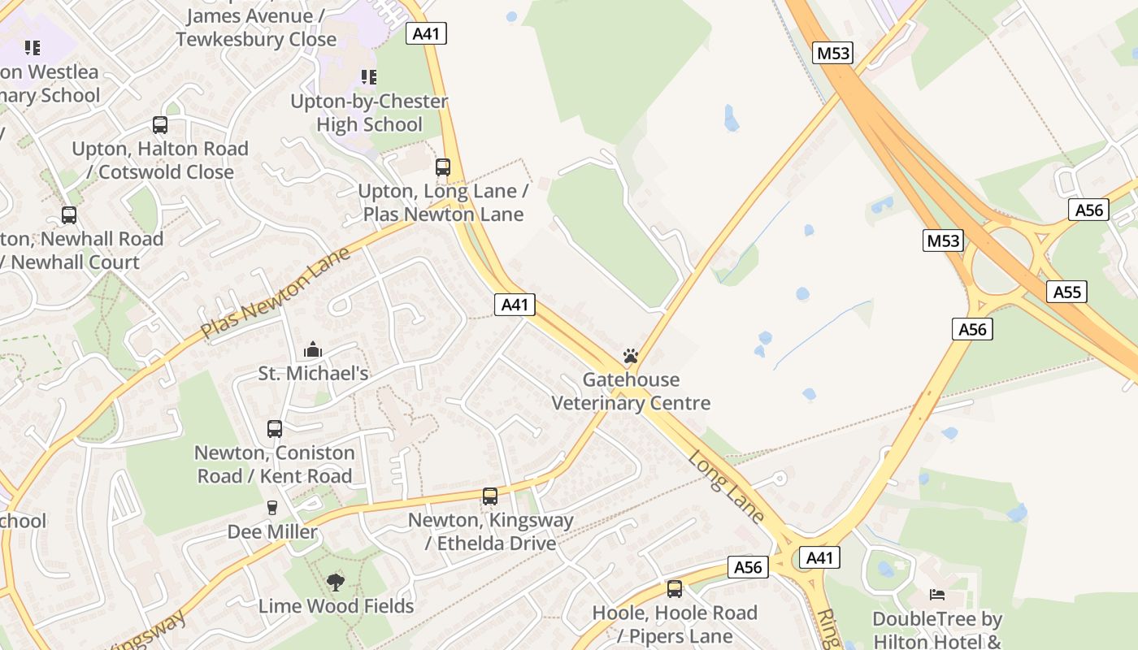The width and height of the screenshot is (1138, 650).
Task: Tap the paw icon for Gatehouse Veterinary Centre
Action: (x=630, y=356)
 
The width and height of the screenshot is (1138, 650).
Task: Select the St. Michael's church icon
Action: (x=313, y=350)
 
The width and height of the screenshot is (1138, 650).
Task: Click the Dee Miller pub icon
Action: (x=272, y=508)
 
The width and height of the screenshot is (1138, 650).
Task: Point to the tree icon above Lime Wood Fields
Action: (x=335, y=582)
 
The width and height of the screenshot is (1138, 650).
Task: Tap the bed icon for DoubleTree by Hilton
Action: (x=937, y=595)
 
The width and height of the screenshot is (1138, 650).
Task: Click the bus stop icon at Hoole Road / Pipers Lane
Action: (x=675, y=589)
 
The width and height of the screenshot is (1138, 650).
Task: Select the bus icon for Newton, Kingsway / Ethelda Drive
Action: (x=489, y=496)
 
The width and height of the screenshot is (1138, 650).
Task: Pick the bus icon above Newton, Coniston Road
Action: (x=275, y=428)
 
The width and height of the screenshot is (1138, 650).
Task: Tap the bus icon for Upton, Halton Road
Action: (x=160, y=125)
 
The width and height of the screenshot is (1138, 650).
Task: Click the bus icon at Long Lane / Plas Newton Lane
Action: (x=443, y=167)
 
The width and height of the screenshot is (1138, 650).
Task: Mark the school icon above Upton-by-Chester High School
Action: (x=369, y=77)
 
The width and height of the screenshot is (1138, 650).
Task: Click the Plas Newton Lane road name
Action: (x=276, y=293)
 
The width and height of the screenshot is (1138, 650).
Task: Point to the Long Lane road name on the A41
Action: (x=726, y=487)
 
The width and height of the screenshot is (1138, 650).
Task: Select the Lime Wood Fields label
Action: (x=336, y=606)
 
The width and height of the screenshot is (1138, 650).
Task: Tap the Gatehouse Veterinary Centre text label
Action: (x=631, y=392)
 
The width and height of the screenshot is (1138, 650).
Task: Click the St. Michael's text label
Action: (x=313, y=374)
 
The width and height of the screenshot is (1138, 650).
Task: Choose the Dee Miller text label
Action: (x=272, y=531)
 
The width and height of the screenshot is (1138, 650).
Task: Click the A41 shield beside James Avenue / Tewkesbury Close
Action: (x=428, y=33)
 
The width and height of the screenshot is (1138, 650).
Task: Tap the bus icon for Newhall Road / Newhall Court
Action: (x=69, y=215)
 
